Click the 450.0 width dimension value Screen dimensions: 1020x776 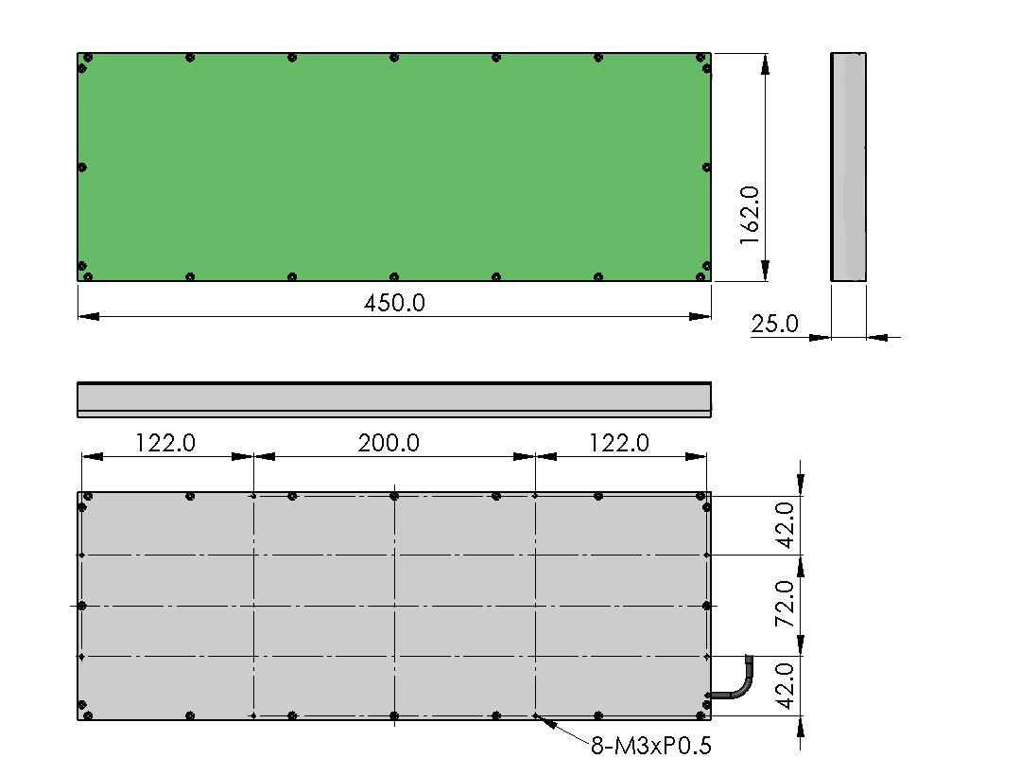coord(394,304)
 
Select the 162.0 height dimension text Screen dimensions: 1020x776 coord(750,215)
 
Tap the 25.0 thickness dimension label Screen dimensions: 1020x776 coord(774,324)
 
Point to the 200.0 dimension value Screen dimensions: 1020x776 coord(389,443)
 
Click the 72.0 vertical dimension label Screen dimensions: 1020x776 coord(786,604)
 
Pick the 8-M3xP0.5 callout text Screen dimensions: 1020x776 coord(651,746)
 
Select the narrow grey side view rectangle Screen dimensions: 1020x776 coord(848,168)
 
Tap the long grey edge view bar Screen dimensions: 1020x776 coord(394,399)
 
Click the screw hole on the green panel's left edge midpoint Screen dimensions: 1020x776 coord(82,168)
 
